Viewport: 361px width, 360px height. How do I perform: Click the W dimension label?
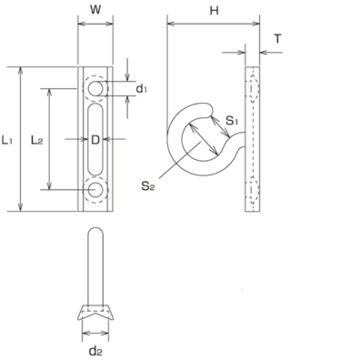pyautogui.click(x=95, y=10)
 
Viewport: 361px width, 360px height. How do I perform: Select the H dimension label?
pyautogui.click(x=214, y=11)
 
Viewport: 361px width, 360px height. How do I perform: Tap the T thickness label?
pyautogui.click(x=277, y=39)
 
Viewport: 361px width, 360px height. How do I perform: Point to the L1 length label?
pyautogui.click(x=7, y=140)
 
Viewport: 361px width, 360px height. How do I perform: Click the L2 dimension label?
pyautogui.click(x=36, y=140)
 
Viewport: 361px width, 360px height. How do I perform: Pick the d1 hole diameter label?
pyautogui.click(x=141, y=88)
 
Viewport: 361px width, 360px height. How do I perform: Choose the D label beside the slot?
pyautogui.click(x=95, y=140)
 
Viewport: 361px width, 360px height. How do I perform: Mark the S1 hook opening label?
pyautogui.click(x=232, y=121)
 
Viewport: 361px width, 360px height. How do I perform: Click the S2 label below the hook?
pyautogui.click(x=147, y=186)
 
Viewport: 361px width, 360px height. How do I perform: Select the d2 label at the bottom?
pyautogui.click(x=95, y=351)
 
